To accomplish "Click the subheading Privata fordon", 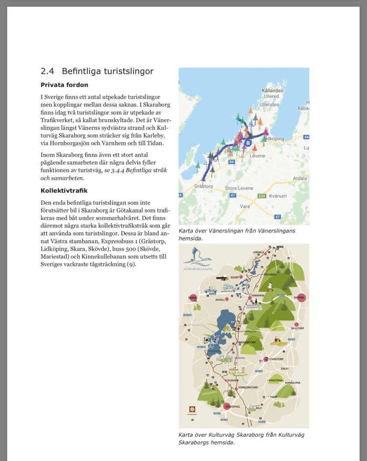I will coord(64,85).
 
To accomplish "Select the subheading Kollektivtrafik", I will coord(64,191).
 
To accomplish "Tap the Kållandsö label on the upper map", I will coord(273,91).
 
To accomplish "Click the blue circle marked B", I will coord(248,143).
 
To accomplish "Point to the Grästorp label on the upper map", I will coord(203,186).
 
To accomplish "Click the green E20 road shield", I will coord(262,196).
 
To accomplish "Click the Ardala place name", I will coord(300,178).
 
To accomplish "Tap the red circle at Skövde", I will coord(300,297).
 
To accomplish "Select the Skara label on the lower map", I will coord(192,298).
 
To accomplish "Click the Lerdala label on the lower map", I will coord(259,252).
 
